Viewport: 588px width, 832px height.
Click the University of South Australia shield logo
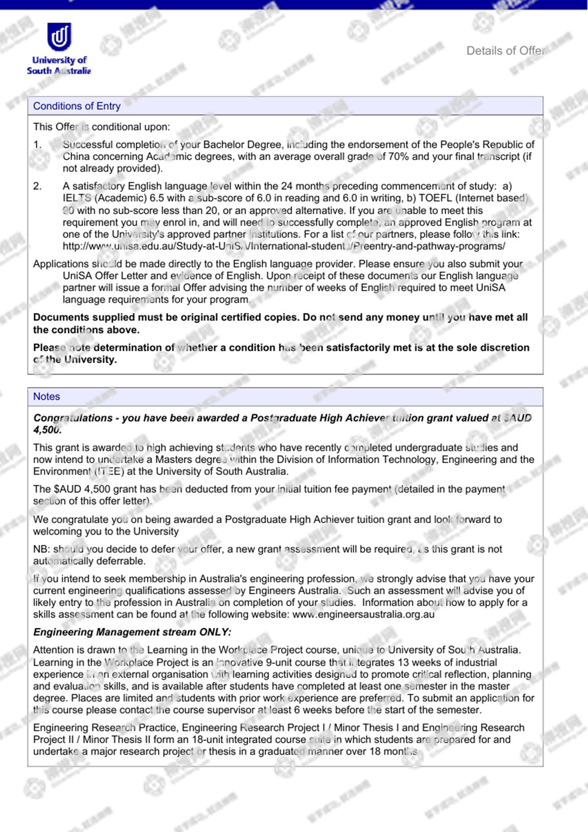[x=59, y=37]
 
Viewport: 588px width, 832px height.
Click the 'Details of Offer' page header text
[x=505, y=51]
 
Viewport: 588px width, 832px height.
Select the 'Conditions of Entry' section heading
[x=77, y=106]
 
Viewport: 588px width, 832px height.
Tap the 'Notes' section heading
[x=47, y=396]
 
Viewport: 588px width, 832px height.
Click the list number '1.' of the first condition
[x=38, y=145]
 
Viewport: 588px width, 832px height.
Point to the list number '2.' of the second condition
[x=38, y=186]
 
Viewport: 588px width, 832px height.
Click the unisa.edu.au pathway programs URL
[x=284, y=246]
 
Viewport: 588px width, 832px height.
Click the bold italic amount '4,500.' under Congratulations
[x=47, y=429]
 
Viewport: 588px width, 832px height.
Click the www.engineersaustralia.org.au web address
[x=363, y=614]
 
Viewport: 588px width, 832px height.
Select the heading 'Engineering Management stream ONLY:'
[x=132, y=632]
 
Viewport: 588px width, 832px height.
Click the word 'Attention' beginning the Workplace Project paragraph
[x=53, y=650]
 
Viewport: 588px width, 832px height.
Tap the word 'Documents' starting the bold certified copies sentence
[x=60, y=317]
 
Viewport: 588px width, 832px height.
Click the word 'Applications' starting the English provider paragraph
[x=61, y=264]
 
